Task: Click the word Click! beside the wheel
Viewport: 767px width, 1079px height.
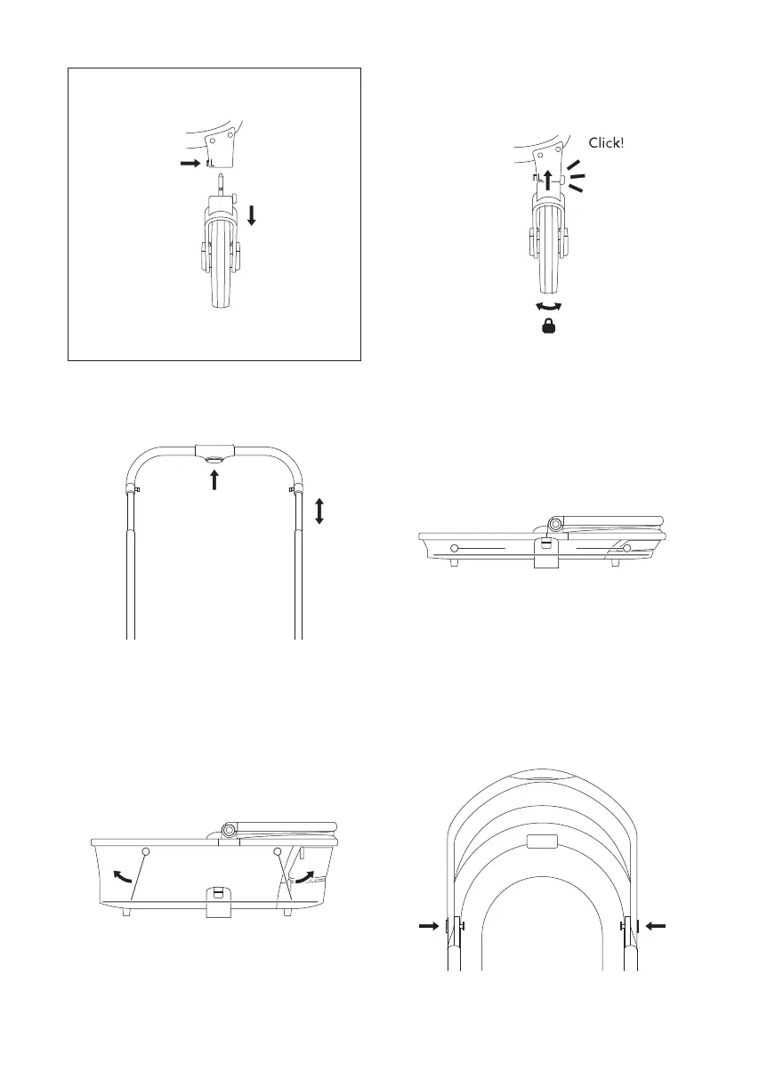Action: [x=606, y=143]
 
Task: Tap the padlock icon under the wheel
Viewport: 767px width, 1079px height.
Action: [x=549, y=326]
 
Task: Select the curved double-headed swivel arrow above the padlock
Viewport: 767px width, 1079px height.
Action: [x=549, y=306]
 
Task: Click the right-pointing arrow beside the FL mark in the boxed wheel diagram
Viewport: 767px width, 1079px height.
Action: [x=190, y=164]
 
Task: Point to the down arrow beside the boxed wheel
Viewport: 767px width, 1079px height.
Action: [x=252, y=216]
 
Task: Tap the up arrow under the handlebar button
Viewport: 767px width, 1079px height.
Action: [x=214, y=480]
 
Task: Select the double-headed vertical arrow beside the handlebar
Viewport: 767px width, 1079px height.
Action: [x=319, y=511]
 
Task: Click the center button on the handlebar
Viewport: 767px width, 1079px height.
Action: [x=214, y=461]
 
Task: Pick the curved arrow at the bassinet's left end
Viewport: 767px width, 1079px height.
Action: [x=122, y=876]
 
